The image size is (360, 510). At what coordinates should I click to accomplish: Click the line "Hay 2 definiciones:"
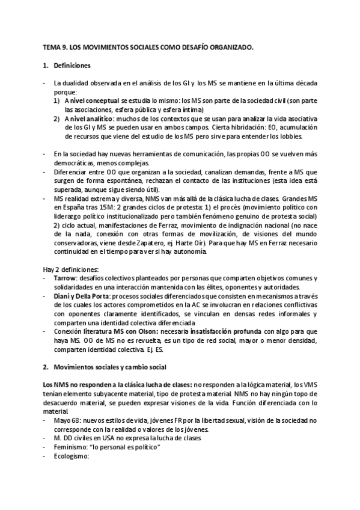[65, 269]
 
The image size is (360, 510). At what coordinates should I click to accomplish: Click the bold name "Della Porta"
[88, 296]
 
